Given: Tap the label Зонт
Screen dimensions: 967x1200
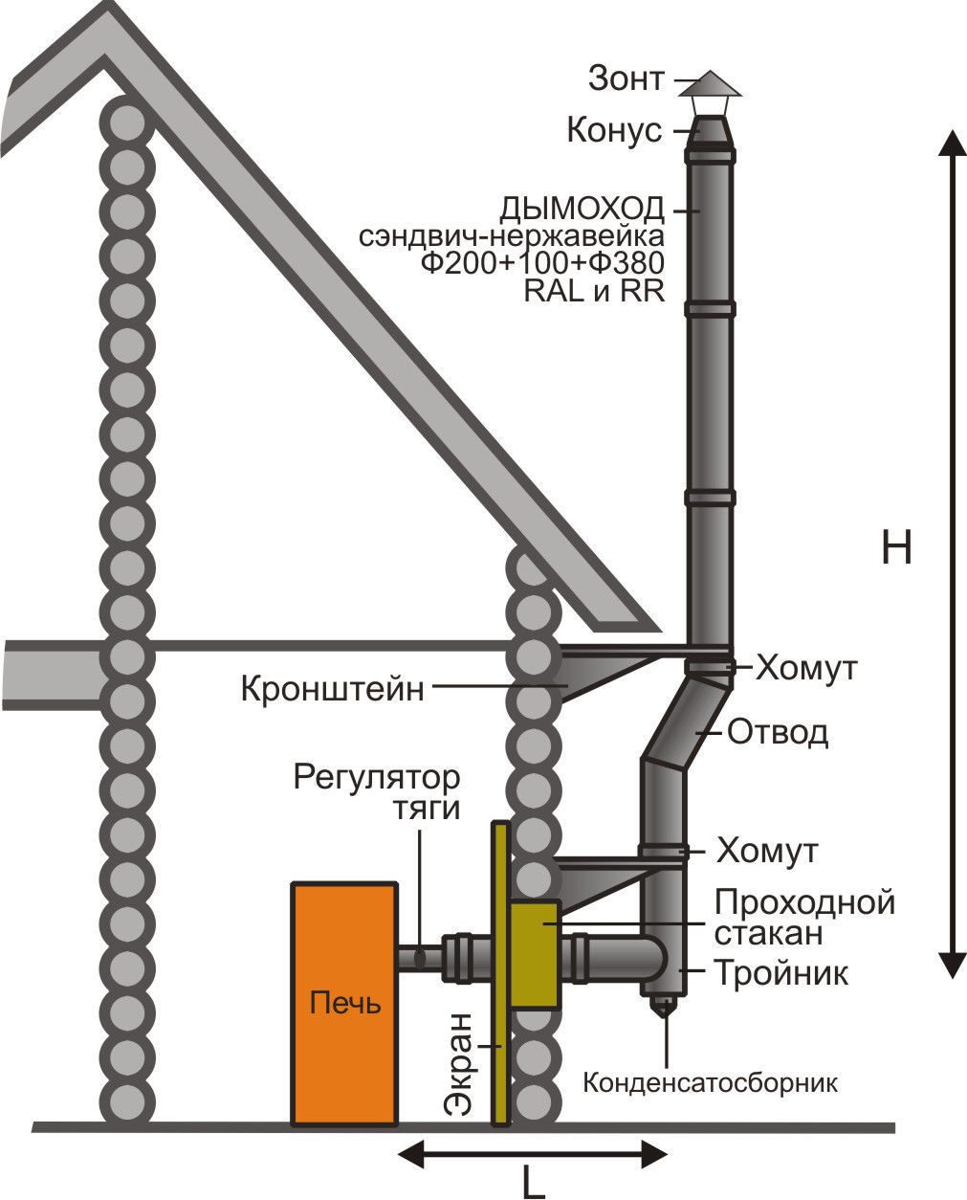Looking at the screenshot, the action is click(626, 79).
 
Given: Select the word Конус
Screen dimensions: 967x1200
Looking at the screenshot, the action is click(615, 130).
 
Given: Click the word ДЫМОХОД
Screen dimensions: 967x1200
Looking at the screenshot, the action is click(582, 210).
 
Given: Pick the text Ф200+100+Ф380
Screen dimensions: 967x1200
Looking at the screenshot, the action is click(543, 262).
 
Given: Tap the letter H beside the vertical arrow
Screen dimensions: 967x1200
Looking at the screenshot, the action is click(896, 547).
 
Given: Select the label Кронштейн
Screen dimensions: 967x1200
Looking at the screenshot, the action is click(333, 690).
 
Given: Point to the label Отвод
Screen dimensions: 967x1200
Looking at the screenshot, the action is click(778, 732).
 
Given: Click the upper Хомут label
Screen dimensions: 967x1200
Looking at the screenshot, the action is click(806, 668).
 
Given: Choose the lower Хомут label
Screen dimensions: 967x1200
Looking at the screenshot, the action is click(767, 852).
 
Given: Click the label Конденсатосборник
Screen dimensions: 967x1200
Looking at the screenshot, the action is click(711, 1083).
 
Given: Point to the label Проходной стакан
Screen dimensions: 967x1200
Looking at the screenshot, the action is click(804, 919).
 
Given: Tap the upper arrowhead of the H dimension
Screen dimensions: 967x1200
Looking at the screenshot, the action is click(952, 145).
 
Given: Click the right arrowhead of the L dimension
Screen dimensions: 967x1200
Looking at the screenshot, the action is click(654, 1153).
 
